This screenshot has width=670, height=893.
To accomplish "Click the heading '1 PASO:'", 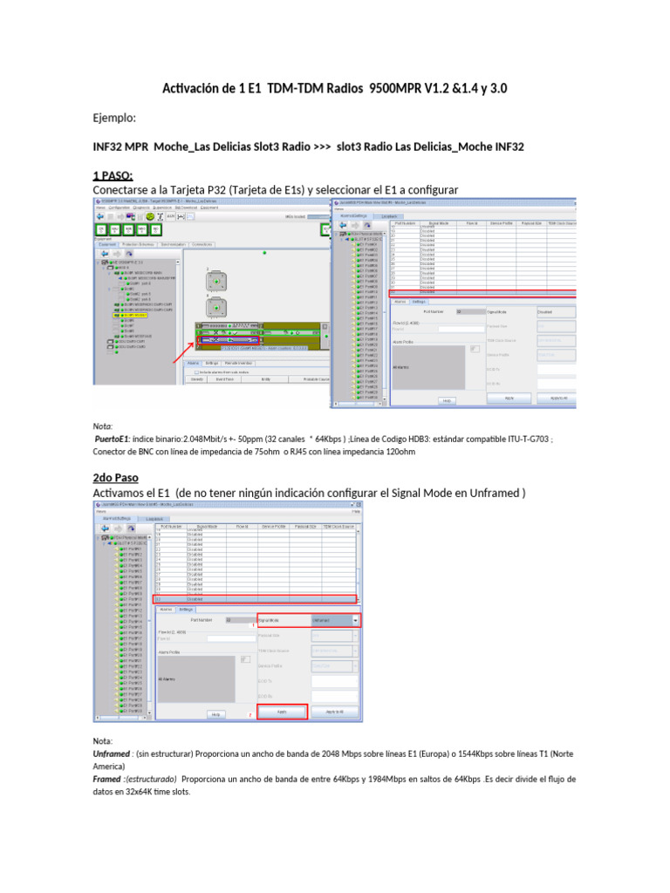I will click(113, 175).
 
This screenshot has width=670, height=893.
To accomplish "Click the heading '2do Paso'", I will click(115, 478).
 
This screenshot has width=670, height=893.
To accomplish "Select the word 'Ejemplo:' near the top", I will click(115, 118).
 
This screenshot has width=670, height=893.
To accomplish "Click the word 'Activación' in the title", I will click(194, 89).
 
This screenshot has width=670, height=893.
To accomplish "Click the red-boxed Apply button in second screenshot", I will click(282, 712).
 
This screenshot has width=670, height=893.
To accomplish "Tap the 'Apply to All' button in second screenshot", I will click(335, 712).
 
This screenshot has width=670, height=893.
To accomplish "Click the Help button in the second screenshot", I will click(216, 713).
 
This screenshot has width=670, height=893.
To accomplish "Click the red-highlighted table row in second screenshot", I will click(255, 599).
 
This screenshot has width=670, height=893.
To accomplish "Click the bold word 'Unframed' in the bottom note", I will click(112, 753).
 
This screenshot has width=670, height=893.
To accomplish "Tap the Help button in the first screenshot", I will click(446, 400).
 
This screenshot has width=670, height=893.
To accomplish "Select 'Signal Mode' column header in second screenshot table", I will click(207, 527).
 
